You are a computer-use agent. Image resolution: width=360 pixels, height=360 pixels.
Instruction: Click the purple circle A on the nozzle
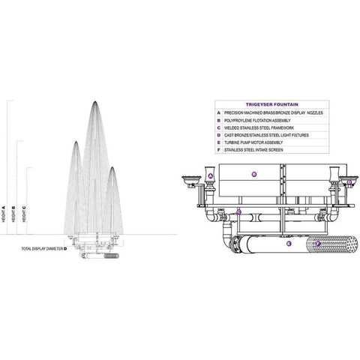(211, 176)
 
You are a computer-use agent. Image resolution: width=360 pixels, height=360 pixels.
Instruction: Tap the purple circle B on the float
(254, 175)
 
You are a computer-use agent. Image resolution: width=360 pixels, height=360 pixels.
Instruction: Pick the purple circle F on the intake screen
(318, 244)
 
